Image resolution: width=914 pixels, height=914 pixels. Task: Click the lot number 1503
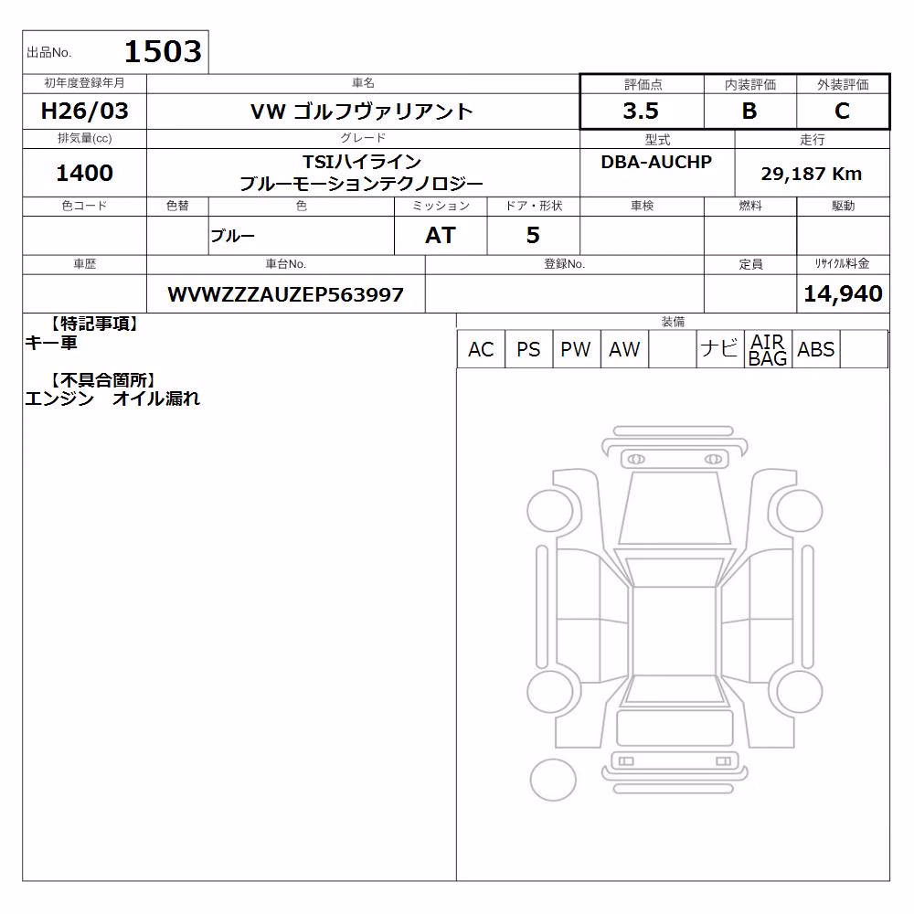pyautogui.click(x=163, y=51)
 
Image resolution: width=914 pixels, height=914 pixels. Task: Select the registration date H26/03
pyautogui.click(x=84, y=111)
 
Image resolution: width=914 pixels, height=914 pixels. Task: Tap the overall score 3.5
pyautogui.click(x=641, y=111)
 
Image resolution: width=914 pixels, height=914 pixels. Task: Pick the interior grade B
pyautogui.click(x=749, y=111)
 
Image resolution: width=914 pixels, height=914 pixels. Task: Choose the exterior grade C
pyautogui.click(x=842, y=111)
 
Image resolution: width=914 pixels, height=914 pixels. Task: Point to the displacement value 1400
pyautogui.click(x=84, y=173)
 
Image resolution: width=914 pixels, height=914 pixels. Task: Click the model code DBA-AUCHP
pyautogui.click(x=656, y=162)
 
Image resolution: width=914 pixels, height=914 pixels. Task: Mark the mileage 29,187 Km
pyautogui.click(x=812, y=173)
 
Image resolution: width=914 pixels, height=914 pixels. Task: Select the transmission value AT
pyautogui.click(x=441, y=235)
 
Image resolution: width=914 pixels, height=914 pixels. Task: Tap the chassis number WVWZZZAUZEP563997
pyautogui.click(x=285, y=294)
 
